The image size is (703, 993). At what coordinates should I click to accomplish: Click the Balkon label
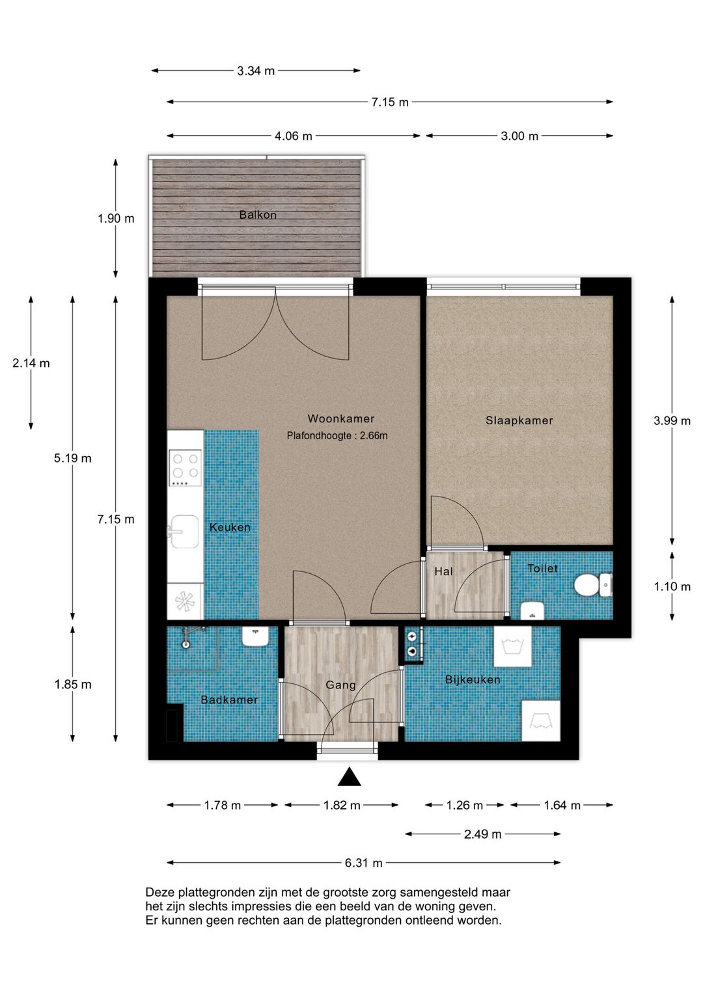tap(258, 215)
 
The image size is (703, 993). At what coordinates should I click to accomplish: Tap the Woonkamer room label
tap(340, 418)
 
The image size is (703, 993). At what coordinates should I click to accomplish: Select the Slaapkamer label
tap(519, 420)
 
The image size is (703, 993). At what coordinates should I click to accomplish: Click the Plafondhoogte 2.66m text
tap(337, 436)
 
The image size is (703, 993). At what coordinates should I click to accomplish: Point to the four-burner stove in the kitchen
tap(185, 468)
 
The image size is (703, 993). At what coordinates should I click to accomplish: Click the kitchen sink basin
tap(184, 531)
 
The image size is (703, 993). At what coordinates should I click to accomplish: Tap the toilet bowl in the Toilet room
tap(586, 585)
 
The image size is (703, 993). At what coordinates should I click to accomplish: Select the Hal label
tap(443, 572)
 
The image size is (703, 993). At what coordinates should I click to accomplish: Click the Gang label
tap(340, 685)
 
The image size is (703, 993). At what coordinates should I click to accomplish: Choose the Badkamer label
tap(229, 700)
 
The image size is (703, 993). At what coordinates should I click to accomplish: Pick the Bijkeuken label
tap(473, 679)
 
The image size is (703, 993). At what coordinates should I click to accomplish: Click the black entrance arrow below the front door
tap(349, 777)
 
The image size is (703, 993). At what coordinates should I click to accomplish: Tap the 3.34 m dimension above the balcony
tap(256, 71)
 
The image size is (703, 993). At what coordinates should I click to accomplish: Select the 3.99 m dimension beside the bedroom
tap(672, 421)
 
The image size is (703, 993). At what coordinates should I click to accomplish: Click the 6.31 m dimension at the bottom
tap(364, 863)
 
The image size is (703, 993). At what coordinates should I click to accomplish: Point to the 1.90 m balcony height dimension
tap(116, 219)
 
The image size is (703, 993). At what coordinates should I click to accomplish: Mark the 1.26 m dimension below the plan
tap(464, 806)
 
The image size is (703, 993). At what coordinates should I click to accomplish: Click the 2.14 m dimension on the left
tap(31, 364)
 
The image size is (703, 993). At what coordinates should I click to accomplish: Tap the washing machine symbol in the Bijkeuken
tap(513, 646)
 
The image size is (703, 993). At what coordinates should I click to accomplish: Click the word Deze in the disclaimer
tap(159, 892)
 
